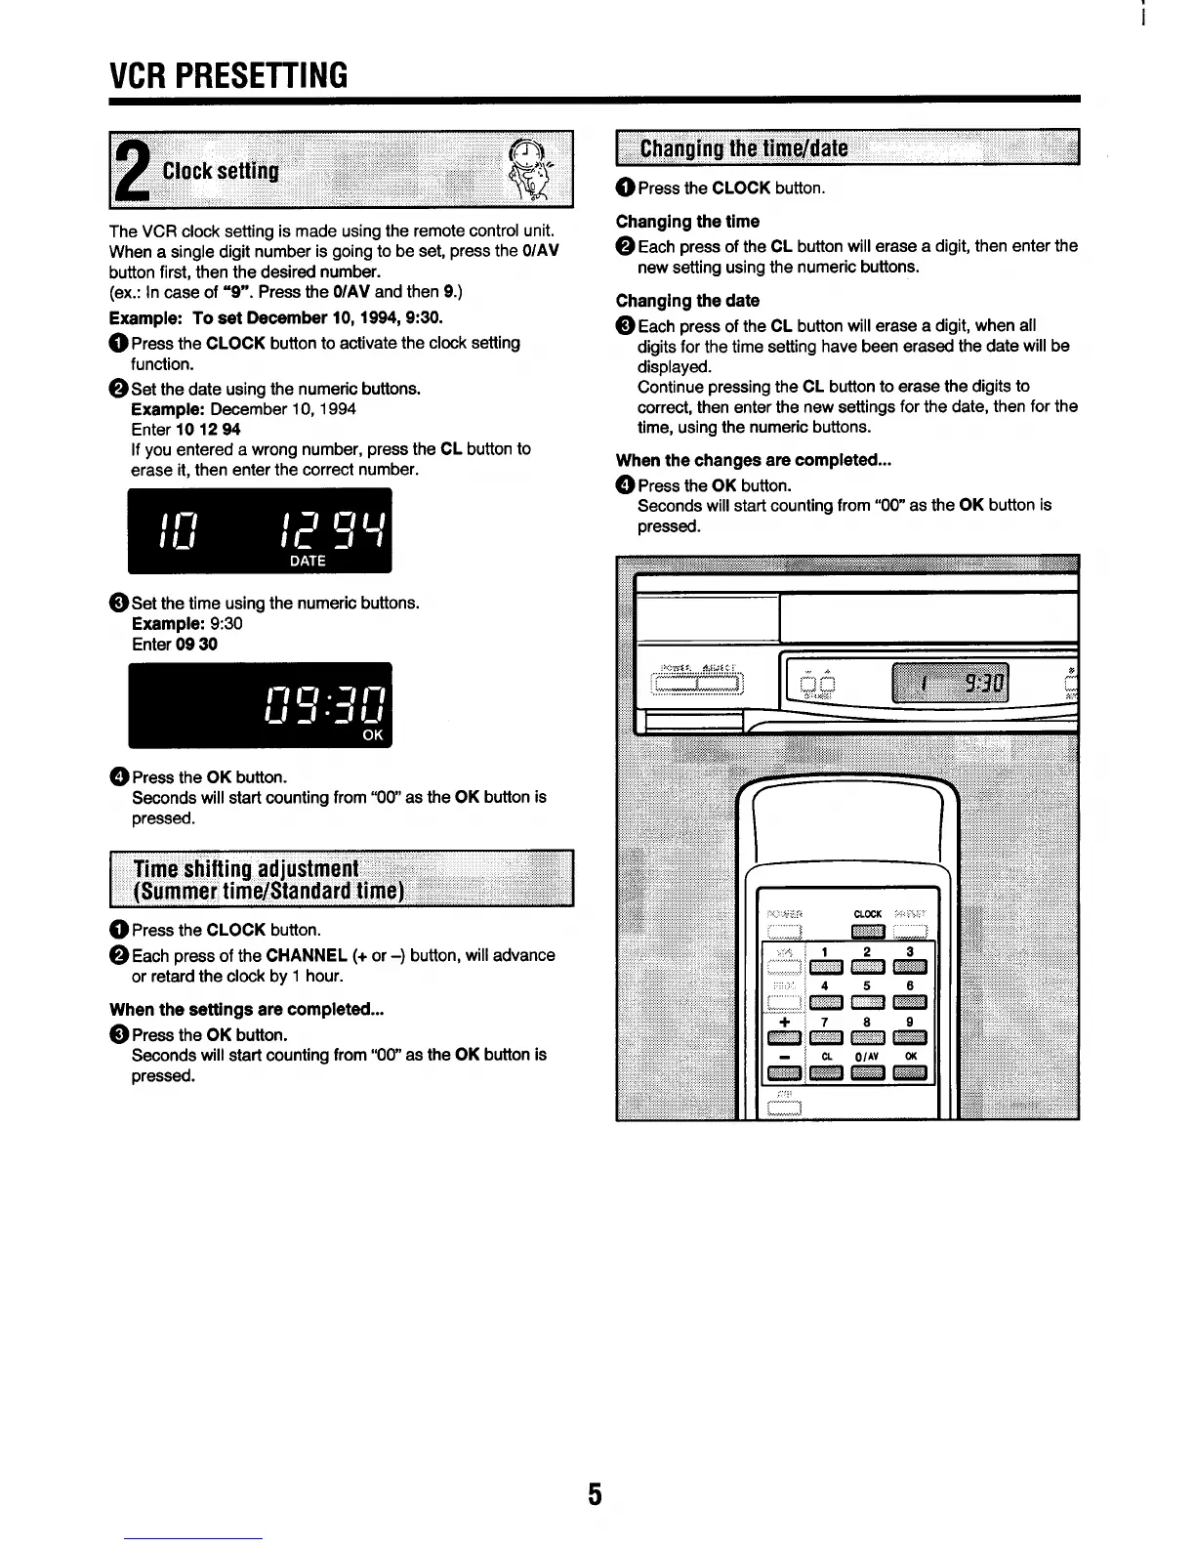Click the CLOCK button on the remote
coord(868,930)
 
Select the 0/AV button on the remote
coord(868,1073)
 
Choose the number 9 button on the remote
coord(910,1038)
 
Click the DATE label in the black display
coord(308,561)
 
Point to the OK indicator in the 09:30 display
coord(373,735)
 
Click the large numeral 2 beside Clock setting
coord(132,171)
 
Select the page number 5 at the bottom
coord(595,1494)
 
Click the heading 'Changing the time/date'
coord(743,148)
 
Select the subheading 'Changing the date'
coord(687,301)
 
